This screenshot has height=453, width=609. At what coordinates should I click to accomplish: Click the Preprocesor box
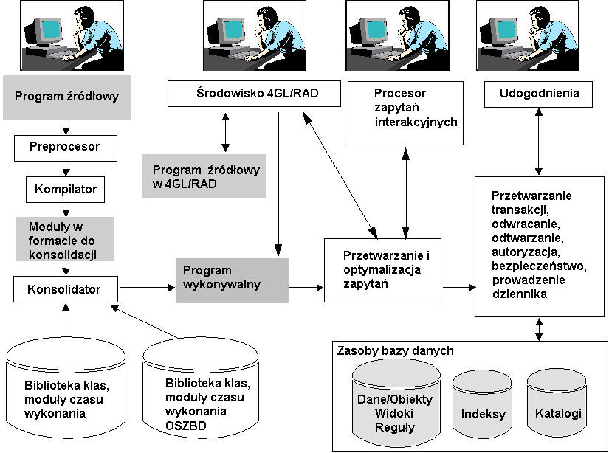coord(66,147)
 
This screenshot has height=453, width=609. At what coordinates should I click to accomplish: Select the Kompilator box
coord(66,190)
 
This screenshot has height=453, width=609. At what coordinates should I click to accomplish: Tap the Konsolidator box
coord(66,288)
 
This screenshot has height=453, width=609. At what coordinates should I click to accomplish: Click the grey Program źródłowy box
coord(66,97)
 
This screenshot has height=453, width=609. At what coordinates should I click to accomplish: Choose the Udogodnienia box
coord(539,94)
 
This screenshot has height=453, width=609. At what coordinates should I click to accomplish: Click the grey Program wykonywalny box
coord(232,280)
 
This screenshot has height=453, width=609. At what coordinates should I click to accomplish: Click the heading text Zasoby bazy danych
coord(395,350)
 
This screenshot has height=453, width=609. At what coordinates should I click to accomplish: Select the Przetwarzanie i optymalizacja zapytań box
coord(382,269)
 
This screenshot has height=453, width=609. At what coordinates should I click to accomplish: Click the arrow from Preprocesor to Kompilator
coord(66,168)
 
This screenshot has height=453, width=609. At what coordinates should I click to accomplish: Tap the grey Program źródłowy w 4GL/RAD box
coord(203,176)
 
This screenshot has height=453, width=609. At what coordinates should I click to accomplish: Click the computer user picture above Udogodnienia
coord(539,35)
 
